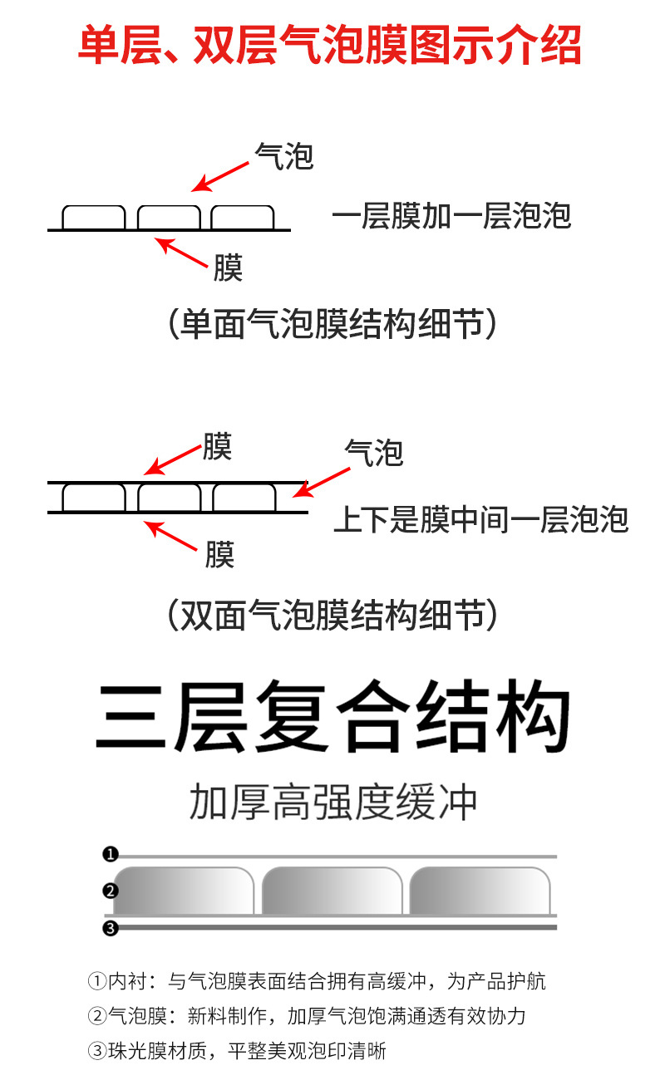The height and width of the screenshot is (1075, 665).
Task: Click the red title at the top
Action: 330,46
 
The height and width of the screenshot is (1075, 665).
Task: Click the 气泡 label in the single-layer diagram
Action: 284,156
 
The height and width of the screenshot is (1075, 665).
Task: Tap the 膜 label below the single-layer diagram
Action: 228,268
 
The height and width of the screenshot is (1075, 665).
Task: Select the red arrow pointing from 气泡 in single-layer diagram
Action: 220,177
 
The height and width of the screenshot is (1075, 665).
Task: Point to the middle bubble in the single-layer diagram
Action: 169,217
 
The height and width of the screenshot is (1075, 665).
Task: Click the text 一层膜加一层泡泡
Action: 452,215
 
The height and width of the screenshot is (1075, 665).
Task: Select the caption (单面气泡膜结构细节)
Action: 332,324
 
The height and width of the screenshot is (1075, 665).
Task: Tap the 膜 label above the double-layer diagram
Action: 217,446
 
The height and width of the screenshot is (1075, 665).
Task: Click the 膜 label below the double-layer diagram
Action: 220,554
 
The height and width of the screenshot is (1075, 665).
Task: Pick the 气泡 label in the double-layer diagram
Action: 374,453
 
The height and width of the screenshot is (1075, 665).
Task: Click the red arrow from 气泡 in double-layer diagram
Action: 321,483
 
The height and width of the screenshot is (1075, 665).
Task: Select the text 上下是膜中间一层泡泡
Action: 481,519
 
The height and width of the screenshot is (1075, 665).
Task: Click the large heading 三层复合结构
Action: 332,716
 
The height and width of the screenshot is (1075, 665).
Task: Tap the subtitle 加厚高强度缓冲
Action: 333,802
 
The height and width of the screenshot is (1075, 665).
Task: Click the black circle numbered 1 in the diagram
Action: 111,854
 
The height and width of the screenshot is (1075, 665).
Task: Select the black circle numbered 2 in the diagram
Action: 111,891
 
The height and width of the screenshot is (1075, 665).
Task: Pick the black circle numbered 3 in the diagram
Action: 111,928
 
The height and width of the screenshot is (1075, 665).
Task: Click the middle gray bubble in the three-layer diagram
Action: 332,891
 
